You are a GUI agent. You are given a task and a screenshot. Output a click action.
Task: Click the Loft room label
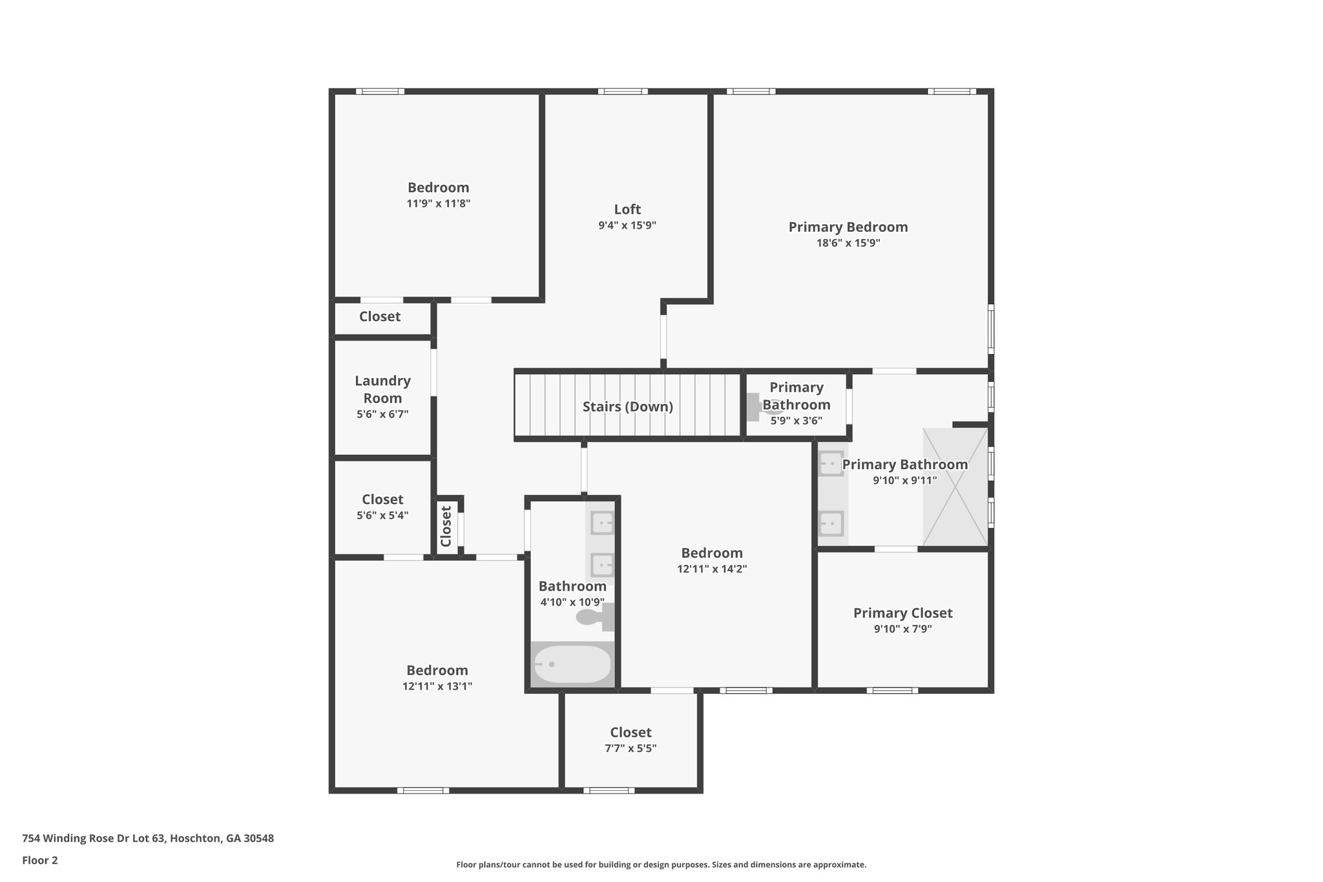[627, 209]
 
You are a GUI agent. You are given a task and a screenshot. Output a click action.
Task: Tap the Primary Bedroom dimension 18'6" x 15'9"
[848, 243]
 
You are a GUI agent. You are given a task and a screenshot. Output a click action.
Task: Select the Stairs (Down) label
[627, 406]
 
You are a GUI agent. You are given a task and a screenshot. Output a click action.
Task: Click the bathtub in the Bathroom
[572, 664]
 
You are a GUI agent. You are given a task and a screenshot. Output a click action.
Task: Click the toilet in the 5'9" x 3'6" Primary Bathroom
[757, 407]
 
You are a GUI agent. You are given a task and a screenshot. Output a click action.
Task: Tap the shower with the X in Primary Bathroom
[955, 487]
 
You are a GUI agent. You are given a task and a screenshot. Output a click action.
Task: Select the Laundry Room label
[382, 389]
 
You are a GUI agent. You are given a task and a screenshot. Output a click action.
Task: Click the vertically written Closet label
[446, 526]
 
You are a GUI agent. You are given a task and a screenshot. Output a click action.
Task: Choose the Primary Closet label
[902, 613]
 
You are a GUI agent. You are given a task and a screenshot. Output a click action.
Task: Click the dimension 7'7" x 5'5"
[630, 748]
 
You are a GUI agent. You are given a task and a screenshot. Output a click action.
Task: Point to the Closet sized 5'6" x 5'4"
[382, 499]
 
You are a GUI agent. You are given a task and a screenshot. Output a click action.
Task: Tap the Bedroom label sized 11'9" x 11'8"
[438, 187]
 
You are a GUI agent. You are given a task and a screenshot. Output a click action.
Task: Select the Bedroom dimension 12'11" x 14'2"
[712, 569]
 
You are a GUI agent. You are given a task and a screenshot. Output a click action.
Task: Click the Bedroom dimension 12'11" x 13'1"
[437, 686]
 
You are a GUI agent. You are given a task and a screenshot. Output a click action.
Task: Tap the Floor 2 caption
[40, 860]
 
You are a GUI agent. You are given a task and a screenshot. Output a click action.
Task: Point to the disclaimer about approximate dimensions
[661, 865]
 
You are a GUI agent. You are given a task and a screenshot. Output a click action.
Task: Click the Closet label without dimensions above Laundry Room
[380, 317]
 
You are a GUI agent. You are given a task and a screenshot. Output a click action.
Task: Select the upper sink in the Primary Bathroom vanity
[831, 463]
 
